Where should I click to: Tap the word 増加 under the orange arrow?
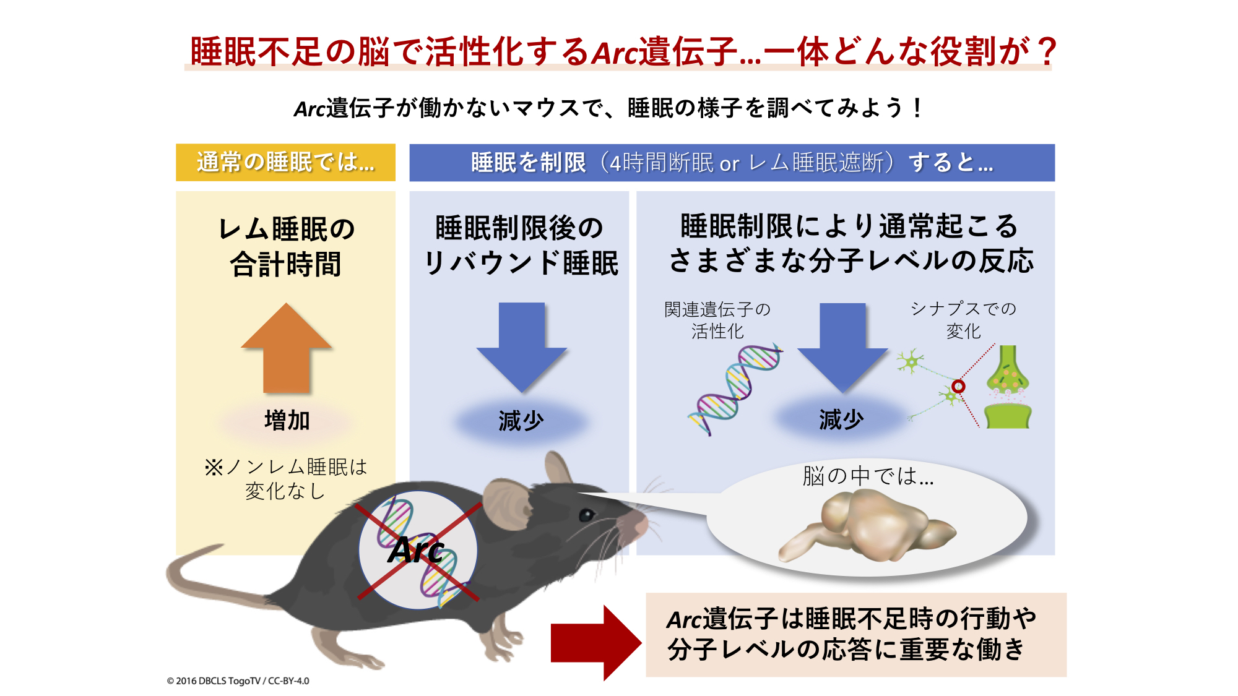(287, 421)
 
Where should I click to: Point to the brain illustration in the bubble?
(867, 526)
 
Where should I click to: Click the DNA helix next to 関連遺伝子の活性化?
(735, 390)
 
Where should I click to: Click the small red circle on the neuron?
(958, 387)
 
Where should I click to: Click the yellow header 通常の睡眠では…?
(285, 163)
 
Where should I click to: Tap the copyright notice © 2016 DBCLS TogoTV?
(238, 681)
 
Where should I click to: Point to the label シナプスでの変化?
(963, 319)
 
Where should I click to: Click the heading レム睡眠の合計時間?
(286, 246)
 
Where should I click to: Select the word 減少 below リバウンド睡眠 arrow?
(521, 421)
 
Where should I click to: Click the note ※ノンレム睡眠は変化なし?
(285, 478)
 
